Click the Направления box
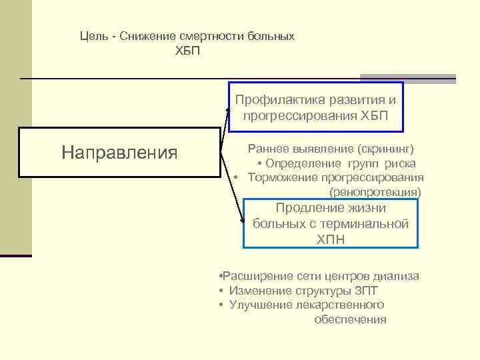pyautogui.click(x=119, y=153)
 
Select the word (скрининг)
pyautogui.click(x=385, y=148)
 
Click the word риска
pyautogui.click(x=399, y=163)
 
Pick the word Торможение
pyautogui.click(x=282, y=177)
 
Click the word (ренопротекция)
pyautogui.click(x=375, y=192)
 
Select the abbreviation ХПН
pyautogui.click(x=331, y=239)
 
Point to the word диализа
pyautogui.click(x=397, y=275)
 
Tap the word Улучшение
pyautogui.click(x=259, y=305)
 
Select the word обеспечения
pyautogui.click(x=350, y=319)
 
